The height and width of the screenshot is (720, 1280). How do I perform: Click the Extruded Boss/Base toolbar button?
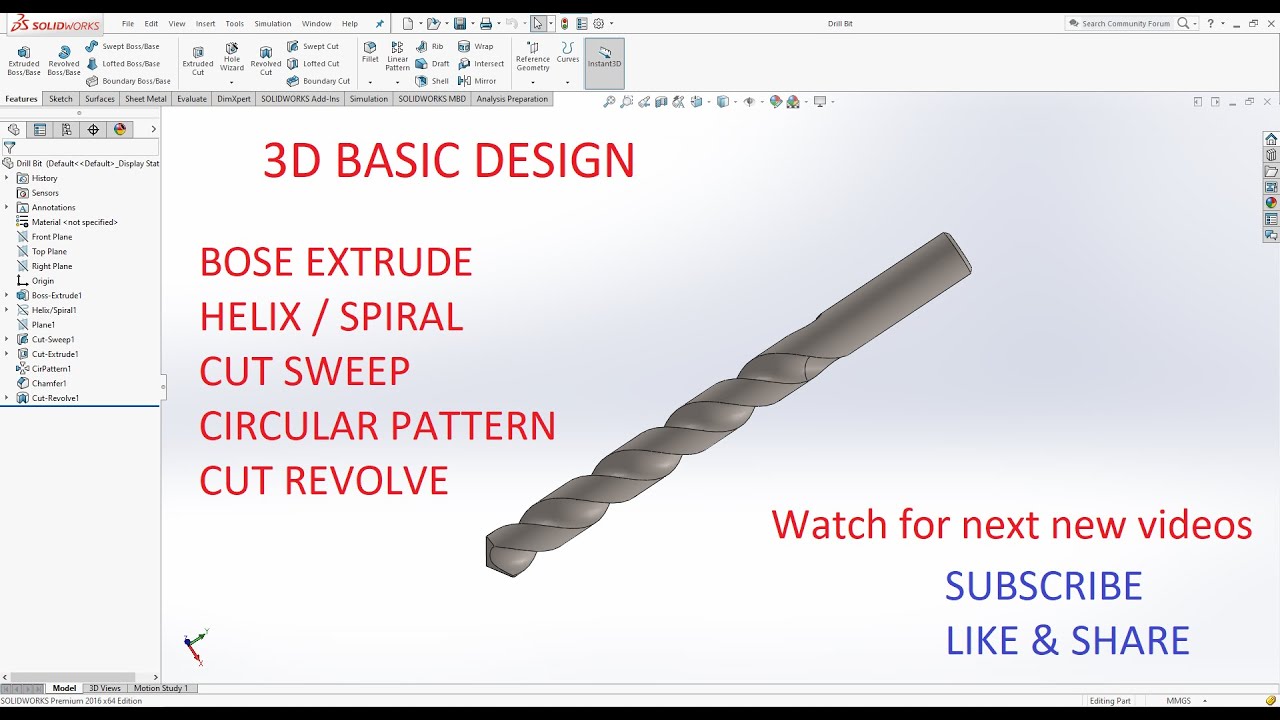24,59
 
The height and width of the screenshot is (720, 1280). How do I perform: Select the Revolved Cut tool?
266,59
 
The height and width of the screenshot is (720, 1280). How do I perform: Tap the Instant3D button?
604,57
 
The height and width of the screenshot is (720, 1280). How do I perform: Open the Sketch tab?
61,99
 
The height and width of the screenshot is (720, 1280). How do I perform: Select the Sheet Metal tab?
145,99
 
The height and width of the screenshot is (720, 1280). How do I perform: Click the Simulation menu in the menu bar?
272,23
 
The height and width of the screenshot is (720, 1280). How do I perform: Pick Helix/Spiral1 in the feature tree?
54,310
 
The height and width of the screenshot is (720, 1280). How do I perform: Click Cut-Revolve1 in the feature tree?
55,398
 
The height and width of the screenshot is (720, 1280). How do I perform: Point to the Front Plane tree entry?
52,237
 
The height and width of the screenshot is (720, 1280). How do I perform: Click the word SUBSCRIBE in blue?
1043,587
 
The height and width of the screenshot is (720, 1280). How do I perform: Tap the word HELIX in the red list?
250,317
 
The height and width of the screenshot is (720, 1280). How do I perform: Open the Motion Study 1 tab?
160,688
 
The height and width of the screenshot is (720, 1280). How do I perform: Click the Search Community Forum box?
1126,23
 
